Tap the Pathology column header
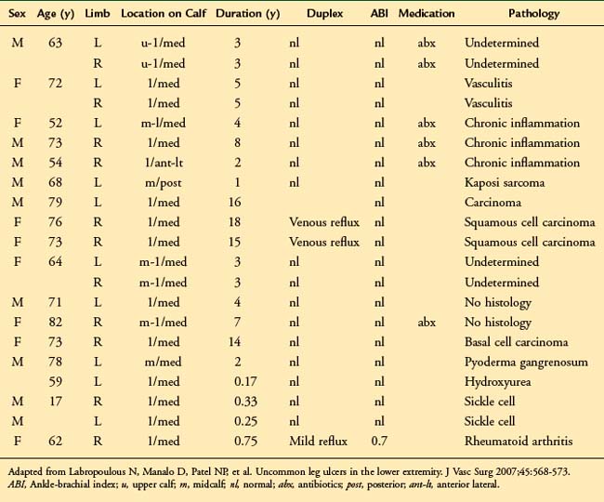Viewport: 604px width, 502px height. (533, 16)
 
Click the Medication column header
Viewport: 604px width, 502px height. (427, 16)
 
